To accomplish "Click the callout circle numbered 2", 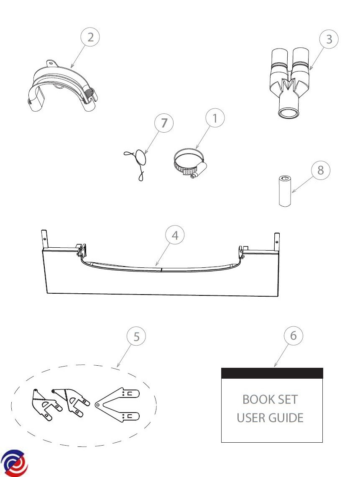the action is pyautogui.click(x=90, y=37).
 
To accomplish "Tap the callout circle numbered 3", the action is pyautogui.click(x=329, y=39).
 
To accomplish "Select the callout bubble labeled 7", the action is pyautogui.click(x=164, y=123).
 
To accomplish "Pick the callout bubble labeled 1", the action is pyautogui.click(x=215, y=118).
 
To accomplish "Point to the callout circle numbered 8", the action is pyautogui.click(x=320, y=170).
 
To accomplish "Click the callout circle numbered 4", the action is pyautogui.click(x=175, y=235).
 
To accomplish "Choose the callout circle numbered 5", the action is pyautogui.click(x=136, y=336).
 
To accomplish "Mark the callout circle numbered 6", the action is pyautogui.click(x=293, y=336).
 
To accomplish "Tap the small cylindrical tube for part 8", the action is pyautogui.click(x=285, y=191).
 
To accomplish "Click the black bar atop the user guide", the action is pyautogui.click(x=272, y=373).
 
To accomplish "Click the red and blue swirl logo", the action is pyautogui.click(x=14, y=463).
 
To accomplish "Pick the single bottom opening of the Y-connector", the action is pyautogui.click(x=288, y=113).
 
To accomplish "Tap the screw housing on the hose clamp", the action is pyautogui.click(x=199, y=169).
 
